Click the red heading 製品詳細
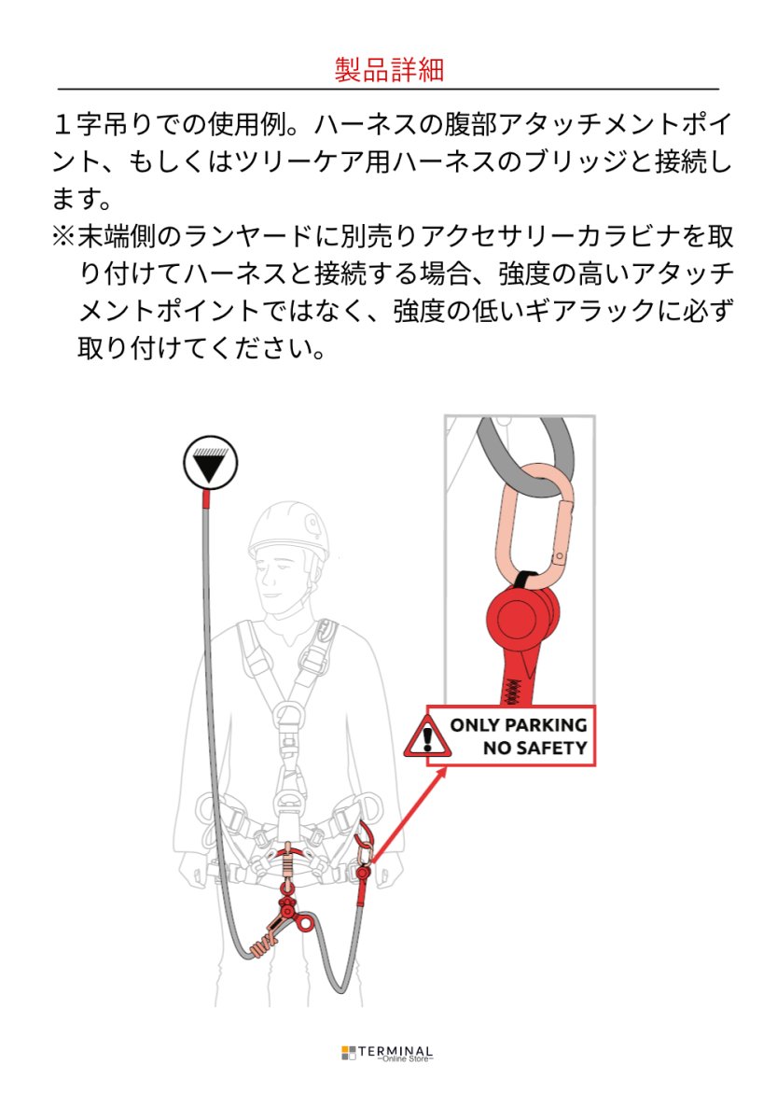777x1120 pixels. point(388,69)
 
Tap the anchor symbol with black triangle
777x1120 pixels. point(210,463)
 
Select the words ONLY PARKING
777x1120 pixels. point(519,724)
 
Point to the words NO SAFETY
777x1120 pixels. point(534,748)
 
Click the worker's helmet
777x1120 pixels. point(289,531)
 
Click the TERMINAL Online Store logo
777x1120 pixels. point(387,1053)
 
